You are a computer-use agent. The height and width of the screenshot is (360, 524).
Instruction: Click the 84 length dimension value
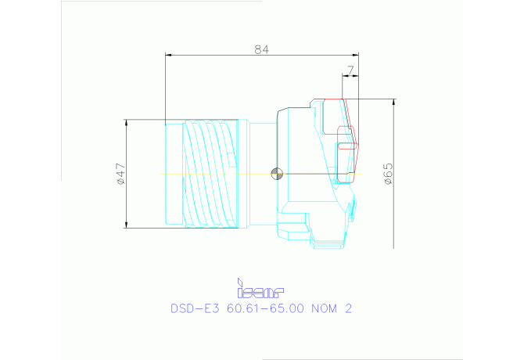point(261,49)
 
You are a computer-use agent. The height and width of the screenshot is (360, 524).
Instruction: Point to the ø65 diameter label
point(388,173)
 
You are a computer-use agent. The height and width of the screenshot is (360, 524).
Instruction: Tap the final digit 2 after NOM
point(349,308)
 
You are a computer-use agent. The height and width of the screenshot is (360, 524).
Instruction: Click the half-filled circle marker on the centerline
point(275,173)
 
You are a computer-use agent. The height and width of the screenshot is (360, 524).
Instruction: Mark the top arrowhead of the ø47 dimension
point(127,123)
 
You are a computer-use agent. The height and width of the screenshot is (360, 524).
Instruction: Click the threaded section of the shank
point(210,174)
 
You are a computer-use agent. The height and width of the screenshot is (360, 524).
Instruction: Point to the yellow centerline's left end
point(161,173)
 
